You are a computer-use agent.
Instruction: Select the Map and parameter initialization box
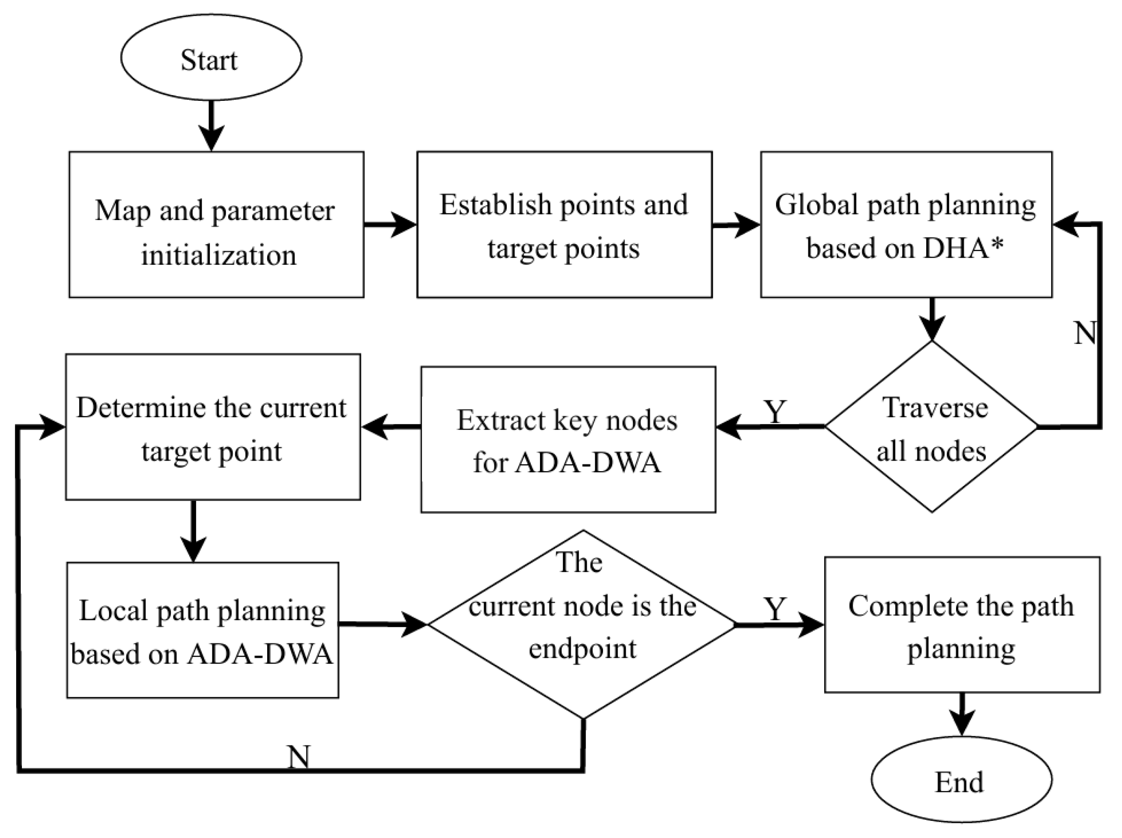[216, 224]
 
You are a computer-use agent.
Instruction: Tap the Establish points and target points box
[564, 224]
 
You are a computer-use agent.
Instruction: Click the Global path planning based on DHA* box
[906, 224]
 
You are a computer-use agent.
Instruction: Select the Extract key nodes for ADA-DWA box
[568, 439]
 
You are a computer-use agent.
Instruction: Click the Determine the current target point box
[213, 427]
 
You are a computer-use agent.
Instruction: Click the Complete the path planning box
[961, 625]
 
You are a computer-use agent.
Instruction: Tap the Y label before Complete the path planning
[775, 608]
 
